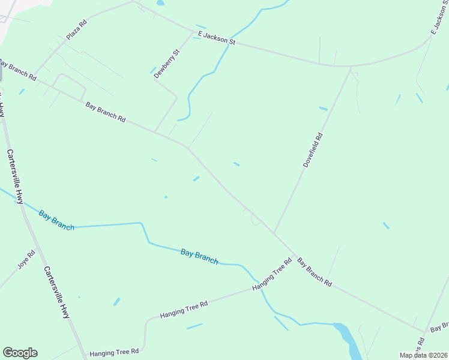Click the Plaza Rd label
(x=77, y=29)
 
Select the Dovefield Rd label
(x=313, y=149)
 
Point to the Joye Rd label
(x=26, y=260)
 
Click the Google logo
(x=20, y=353)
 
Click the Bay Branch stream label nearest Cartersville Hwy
(x=56, y=220)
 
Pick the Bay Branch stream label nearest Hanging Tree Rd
(x=199, y=256)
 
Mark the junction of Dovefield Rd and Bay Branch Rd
(x=274, y=233)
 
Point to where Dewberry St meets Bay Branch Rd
(x=155, y=133)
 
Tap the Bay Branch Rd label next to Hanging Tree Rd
(x=315, y=272)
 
